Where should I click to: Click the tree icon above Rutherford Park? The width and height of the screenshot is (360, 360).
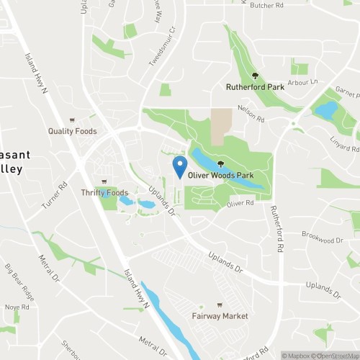pyautogui.click(x=253, y=76)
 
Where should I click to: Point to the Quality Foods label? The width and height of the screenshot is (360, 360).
pyautogui.click(x=72, y=131)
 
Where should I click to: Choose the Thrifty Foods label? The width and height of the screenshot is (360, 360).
pyautogui.click(x=105, y=192)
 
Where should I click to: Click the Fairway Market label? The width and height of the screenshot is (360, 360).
pyautogui.click(x=220, y=316)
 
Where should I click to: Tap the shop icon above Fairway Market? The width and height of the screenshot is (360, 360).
pyautogui.click(x=220, y=305)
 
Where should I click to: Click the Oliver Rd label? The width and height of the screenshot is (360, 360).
pyautogui.click(x=240, y=204)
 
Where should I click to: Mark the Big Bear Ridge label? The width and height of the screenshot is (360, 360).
pyautogui.click(x=19, y=281)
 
